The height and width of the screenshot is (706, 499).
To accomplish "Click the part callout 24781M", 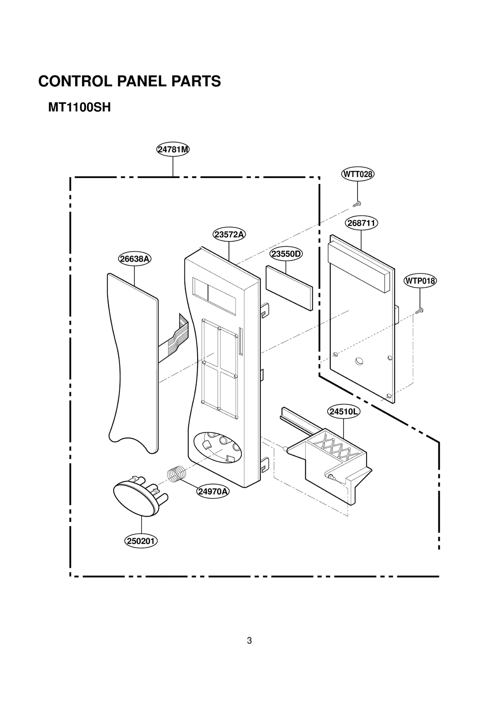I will pyautogui.click(x=173, y=149).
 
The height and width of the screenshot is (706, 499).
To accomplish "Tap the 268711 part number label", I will pyautogui.click(x=361, y=223).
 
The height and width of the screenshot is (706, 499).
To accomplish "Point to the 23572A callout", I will pyautogui.click(x=229, y=234).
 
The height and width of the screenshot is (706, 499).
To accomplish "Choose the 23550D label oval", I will pyautogui.click(x=286, y=254).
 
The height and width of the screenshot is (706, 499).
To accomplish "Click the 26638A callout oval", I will pyautogui.click(x=134, y=259).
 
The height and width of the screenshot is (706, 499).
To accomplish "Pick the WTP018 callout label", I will pyautogui.click(x=420, y=281).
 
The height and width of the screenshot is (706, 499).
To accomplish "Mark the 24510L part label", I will pyautogui.click(x=343, y=412).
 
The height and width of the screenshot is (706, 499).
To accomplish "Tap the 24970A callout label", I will pyautogui.click(x=213, y=491).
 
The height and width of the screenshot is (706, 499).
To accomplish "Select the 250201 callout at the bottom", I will pyautogui.click(x=141, y=541).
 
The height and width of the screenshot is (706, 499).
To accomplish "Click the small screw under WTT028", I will pyautogui.click(x=357, y=204).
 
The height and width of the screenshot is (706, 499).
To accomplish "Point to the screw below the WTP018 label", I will pyautogui.click(x=419, y=311).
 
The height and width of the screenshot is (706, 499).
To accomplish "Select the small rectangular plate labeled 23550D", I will pyautogui.click(x=289, y=288).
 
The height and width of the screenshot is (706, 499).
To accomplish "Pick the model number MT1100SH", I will pyautogui.click(x=79, y=108).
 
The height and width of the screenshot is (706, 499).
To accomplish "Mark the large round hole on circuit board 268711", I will pyautogui.click(x=359, y=361).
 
